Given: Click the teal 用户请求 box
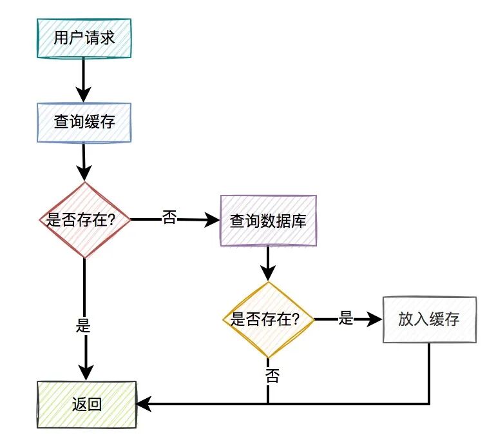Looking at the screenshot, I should click(x=84, y=37).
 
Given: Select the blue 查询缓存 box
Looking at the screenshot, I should click(x=84, y=122).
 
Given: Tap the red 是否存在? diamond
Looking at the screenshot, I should click(x=85, y=220).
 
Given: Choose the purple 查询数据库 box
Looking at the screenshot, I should click(x=268, y=220).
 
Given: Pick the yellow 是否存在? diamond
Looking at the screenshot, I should click(x=268, y=319).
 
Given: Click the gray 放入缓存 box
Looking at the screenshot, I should click(x=429, y=319).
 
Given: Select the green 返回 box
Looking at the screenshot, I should click(x=86, y=404).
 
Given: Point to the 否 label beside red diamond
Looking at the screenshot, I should click(x=169, y=217).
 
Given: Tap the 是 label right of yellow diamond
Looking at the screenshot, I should click(x=347, y=318).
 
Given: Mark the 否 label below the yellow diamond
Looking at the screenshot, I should click(x=272, y=376).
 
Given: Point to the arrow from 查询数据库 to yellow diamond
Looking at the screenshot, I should click(x=268, y=263).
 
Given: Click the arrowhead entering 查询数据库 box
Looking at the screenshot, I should click(x=213, y=220).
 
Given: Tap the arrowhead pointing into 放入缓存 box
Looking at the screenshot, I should click(x=375, y=319).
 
